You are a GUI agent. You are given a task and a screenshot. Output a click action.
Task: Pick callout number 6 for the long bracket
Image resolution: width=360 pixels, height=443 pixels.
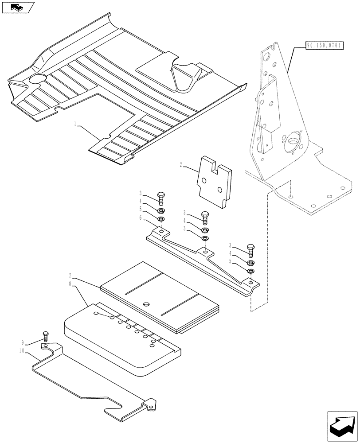141,218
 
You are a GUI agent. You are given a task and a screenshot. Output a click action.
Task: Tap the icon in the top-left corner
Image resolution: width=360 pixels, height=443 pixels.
18,7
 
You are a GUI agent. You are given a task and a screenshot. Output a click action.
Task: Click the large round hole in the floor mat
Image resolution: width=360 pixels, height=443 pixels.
37,80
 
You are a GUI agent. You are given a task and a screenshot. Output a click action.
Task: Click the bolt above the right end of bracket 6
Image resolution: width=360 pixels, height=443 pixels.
250,250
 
